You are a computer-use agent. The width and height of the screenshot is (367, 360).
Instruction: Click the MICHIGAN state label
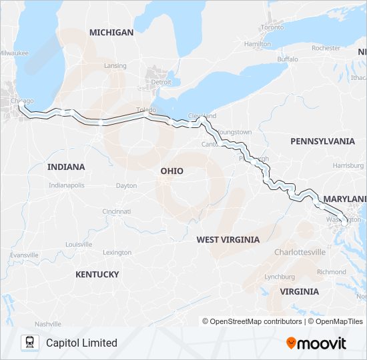111,32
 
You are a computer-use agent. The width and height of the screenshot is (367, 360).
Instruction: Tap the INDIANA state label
66,167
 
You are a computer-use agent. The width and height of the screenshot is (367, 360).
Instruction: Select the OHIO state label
171,171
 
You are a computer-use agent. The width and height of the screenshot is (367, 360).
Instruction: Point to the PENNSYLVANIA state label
322,141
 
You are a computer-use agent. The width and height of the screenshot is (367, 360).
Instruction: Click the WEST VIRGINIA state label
228,239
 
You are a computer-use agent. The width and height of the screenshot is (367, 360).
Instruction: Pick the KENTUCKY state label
97,274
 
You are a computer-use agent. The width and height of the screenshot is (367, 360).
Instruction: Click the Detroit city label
161,82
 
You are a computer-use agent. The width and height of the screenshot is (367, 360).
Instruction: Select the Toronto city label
272,27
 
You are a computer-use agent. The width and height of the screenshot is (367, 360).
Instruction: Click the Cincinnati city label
117,211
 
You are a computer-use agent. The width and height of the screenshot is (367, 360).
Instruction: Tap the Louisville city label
79,244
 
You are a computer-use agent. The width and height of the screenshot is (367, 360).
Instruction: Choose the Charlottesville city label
300,252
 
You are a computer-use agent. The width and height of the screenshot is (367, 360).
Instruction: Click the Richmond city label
332,272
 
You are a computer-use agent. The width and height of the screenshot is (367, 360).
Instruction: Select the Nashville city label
48,323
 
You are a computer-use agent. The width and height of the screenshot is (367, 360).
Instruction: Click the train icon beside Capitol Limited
29,343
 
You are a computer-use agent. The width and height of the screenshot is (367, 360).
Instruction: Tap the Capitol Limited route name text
81,343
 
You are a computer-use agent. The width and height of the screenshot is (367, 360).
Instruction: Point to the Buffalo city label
288,59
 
